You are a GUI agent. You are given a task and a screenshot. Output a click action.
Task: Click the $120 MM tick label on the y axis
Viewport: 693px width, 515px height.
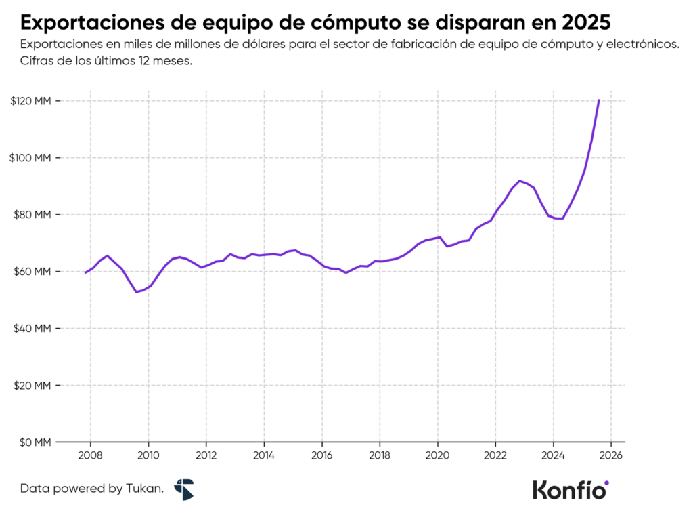[31, 101]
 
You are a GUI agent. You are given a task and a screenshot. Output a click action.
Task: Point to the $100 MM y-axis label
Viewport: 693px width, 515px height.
[31, 158]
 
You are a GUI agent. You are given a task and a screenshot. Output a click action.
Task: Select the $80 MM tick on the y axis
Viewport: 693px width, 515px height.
[32, 215]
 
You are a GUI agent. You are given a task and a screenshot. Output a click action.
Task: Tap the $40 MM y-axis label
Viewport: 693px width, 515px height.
[32, 329]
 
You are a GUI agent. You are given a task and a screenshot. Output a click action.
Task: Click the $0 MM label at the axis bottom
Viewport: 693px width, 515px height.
[35, 442]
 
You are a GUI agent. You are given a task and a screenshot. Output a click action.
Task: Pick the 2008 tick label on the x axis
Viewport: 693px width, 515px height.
[91, 455]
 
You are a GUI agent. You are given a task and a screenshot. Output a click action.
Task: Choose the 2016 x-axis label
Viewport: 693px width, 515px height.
[321, 455]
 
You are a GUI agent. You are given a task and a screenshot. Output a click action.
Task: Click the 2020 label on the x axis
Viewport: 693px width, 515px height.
[437, 455]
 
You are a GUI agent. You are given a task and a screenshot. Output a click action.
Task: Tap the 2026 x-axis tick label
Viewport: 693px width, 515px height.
[610, 455]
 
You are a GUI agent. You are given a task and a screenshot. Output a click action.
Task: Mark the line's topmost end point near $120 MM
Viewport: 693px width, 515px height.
[599, 100]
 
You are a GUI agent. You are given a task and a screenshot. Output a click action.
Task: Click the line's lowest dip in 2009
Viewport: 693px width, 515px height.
[136, 292]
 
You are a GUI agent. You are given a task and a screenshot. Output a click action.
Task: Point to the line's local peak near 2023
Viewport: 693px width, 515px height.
[519, 181]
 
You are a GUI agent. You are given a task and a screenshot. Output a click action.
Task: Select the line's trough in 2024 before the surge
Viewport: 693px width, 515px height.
[560, 218]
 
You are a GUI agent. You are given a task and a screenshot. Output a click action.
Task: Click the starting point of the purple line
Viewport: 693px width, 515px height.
[85, 272]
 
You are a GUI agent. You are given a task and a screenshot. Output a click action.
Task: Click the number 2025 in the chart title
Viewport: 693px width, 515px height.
[586, 22]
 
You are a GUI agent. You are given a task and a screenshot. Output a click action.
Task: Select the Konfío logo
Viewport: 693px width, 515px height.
[571, 489]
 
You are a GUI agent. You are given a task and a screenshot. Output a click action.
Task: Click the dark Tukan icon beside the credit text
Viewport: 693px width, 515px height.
[183, 489]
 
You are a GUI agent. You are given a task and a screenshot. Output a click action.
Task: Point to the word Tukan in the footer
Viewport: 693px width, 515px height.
[145, 488]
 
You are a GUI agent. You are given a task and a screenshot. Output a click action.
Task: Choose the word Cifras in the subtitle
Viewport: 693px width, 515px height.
[37, 60]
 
